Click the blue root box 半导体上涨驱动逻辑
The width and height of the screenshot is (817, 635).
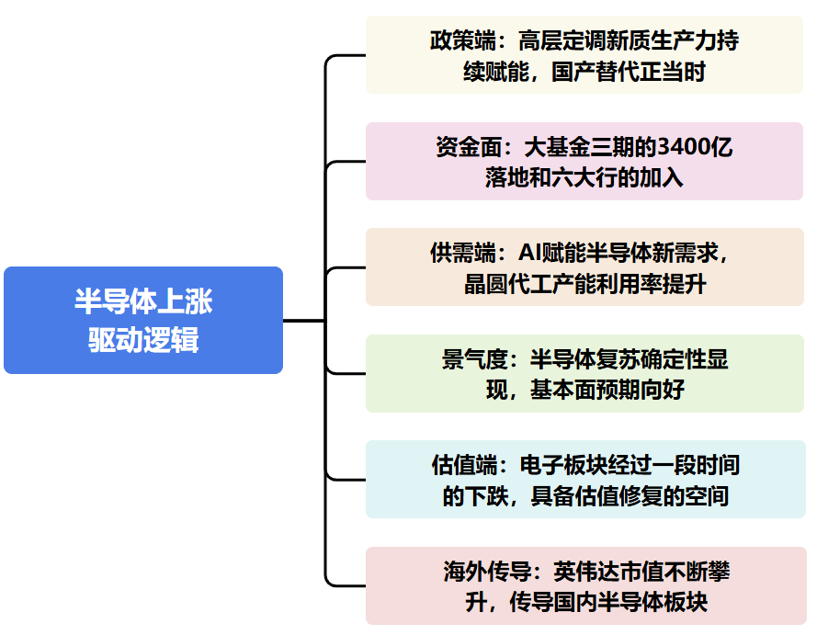[142, 320]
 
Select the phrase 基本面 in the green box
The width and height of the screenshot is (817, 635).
[563, 390]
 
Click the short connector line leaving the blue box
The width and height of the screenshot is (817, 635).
[303, 321]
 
